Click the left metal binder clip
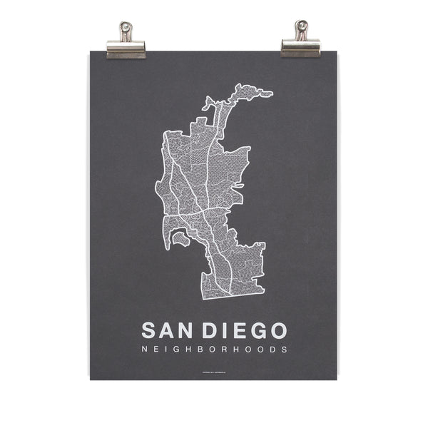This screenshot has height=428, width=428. [x=126, y=44]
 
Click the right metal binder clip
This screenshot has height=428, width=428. [x=300, y=44]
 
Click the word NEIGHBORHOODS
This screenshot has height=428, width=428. [x=214, y=350]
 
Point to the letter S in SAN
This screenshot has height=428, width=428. [x=149, y=330]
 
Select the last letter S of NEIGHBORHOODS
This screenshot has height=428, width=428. [x=285, y=350]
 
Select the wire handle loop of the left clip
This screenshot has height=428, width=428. [x=126, y=30]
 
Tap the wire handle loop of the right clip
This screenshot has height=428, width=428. [x=300, y=30]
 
